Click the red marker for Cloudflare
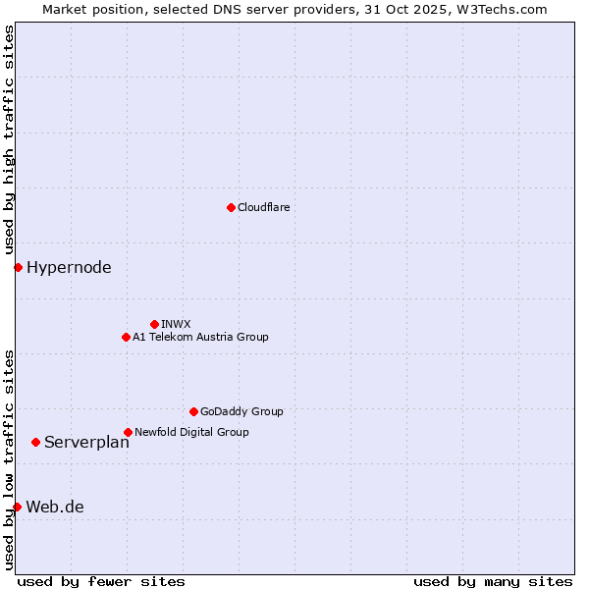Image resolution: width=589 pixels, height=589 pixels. click(x=231, y=207)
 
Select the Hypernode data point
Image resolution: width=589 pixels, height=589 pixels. click(x=18, y=267)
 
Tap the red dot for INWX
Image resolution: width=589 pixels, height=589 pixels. click(x=154, y=324)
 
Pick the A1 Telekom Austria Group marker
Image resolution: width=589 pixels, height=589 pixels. click(x=126, y=337)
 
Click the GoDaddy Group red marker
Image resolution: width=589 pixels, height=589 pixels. click(x=193, y=411)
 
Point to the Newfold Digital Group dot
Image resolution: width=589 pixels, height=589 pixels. click(x=128, y=432)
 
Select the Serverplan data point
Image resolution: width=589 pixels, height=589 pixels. click(x=35, y=442)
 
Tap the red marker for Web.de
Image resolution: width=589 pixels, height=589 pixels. click(x=17, y=507)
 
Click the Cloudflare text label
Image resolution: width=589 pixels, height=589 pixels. click(x=263, y=207)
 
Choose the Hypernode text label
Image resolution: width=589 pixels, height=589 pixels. click(x=69, y=267)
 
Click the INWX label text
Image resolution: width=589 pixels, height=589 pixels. click(x=176, y=324)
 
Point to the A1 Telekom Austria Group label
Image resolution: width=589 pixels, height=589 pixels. click(x=200, y=337)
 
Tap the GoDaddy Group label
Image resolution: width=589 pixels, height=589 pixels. click(x=241, y=411)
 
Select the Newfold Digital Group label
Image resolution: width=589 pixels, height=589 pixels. click(x=191, y=432)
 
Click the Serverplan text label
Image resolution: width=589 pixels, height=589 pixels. click(x=86, y=442)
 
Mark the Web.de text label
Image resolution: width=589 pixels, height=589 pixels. click(x=55, y=507)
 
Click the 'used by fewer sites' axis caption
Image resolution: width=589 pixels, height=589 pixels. click(x=101, y=581)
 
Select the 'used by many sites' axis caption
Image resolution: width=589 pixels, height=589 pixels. click(x=493, y=581)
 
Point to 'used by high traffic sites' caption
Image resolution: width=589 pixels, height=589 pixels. click(x=9, y=139)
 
